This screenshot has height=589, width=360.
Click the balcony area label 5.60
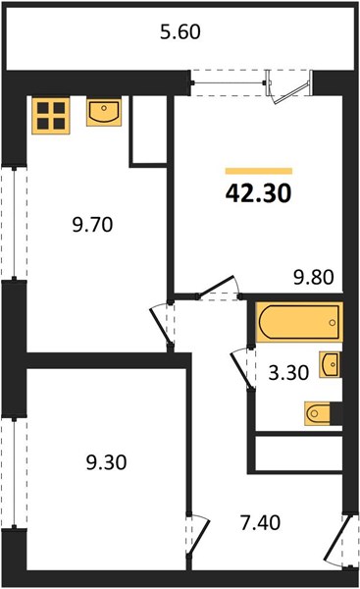click(x=180, y=31)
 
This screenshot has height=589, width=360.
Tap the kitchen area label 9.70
click(x=92, y=225)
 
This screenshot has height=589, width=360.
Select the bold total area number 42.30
click(x=258, y=193)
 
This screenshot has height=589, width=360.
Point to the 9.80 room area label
click(x=314, y=277)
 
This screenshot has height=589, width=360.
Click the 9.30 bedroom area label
click(x=106, y=462)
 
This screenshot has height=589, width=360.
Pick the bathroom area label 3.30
click(x=288, y=373)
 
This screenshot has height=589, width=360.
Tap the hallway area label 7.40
click(x=260, y=522)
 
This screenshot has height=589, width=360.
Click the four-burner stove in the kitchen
click(x=51, y=116)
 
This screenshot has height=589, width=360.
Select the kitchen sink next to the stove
click(x=104, y=112)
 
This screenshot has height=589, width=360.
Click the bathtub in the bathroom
click(x=299, y=322)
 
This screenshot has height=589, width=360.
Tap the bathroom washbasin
click(x=331, y=364)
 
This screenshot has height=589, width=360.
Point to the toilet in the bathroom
click(x=323, y=413)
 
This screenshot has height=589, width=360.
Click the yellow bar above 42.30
click(x=259, y=171)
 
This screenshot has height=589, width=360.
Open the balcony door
click(x=288, y=87)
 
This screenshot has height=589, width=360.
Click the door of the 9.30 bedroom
click(x=198, y=534)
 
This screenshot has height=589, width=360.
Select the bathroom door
click(x=241, y=368)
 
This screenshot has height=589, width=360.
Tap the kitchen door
click(x=162, y=326)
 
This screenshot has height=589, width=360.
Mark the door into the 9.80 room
click(x=219, y=288)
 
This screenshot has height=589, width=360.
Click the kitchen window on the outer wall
click(x=14, y=223)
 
